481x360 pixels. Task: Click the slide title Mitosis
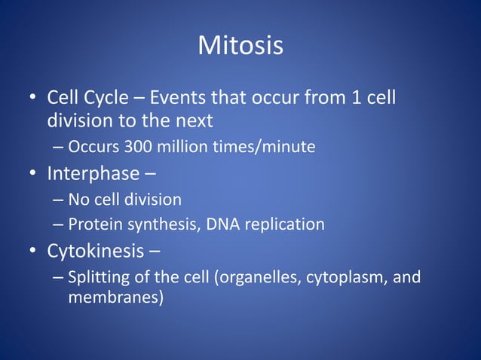click(240, 46)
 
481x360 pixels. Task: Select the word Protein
click(93, 224)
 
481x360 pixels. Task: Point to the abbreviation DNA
click(209, 224)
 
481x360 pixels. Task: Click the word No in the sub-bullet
click(78, 200)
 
